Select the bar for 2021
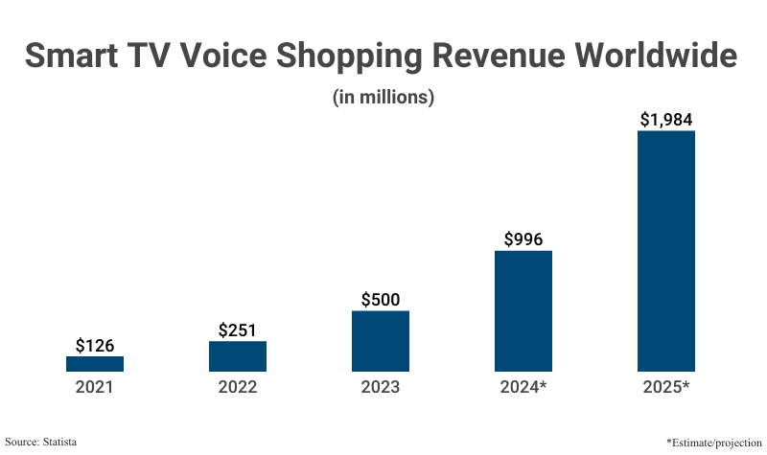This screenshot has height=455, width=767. (x=95, y=364)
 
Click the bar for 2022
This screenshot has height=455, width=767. (x=238, y=356)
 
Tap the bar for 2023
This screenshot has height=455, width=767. (x=381, y=341)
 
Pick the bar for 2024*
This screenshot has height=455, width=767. (x=523, y=311)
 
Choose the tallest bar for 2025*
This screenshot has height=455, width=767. (x=666, y=251)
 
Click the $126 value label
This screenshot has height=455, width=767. (x=95, y=345)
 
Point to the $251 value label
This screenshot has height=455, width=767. (x=238, y=330)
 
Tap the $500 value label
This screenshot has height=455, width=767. (x=381, y=299)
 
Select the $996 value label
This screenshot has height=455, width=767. (x=523, y=239)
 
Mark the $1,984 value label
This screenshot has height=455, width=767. (x=666, y=120)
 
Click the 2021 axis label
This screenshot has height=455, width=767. (x=95, y=388)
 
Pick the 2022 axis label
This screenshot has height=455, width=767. (x=238, y=388)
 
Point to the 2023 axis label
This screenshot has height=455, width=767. (x=381, y=388)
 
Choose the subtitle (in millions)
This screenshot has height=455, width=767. (x=383, y=97)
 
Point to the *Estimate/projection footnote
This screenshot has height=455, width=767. (x=707, y=442)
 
